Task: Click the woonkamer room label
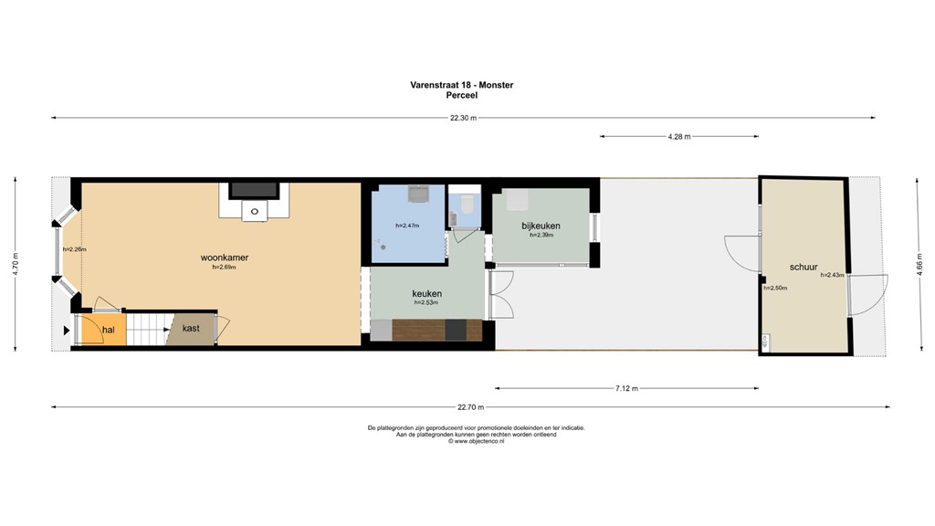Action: (225, 258)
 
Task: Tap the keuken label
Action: (426, 293)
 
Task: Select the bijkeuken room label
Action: (541, 226)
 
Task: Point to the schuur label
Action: (804, 267)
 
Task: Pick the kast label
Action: (191, 328)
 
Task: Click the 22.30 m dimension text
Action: (464, 118)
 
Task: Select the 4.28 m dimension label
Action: (678, 136)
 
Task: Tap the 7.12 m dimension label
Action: (625, 388)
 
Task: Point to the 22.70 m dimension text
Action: (470, 407)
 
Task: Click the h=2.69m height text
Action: (225, 268)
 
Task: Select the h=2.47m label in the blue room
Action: (407, 226)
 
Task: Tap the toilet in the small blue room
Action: (466, 200)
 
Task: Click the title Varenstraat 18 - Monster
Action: (462, 85)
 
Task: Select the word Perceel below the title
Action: (462, 95)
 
